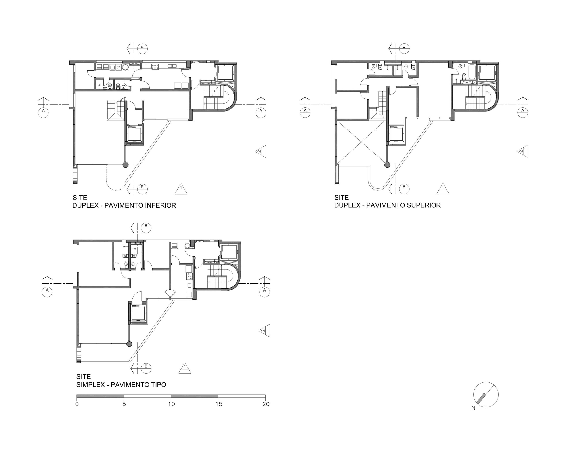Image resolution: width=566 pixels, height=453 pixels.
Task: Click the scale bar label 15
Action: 219,404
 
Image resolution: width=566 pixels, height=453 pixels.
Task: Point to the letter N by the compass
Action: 473,408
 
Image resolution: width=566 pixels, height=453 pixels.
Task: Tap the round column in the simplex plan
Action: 129,344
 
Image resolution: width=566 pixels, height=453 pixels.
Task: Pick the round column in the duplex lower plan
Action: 126,165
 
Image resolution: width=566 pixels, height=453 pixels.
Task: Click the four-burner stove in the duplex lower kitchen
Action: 155,67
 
